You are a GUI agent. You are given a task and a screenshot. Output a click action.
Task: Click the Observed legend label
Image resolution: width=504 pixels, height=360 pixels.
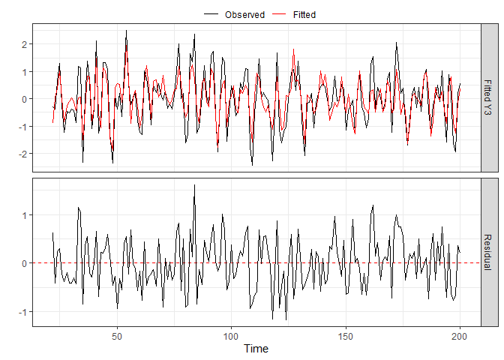click(x=244, y=14)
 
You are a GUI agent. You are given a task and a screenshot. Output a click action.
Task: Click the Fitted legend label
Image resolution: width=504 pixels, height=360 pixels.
click(x=304, y=14)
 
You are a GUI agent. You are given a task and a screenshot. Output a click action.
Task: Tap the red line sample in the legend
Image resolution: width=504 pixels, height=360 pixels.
click(x=280, y=14)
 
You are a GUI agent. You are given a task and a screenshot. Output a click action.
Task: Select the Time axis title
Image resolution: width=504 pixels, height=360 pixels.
click(x=256, y=349)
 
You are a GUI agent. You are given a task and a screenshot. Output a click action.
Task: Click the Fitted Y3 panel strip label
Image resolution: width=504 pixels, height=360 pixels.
click(x=488, y=97)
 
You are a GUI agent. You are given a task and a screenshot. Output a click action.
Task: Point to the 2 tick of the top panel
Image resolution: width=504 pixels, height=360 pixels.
click(x=25, y=44)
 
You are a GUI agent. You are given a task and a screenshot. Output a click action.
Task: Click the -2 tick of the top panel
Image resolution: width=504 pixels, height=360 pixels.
click(x=22, y=154)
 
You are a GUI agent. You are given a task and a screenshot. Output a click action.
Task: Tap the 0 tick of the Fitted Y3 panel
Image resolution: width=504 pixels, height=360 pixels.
click(x=25, y=99)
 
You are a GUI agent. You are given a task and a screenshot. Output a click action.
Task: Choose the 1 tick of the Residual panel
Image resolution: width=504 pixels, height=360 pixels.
click(x=25, y=215)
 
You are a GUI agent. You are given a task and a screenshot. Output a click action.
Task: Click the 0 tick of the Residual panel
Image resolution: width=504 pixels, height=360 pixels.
click(x=25, y=263)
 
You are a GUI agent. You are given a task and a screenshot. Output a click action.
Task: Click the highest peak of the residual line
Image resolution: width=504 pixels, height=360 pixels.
click(x=194, y=184)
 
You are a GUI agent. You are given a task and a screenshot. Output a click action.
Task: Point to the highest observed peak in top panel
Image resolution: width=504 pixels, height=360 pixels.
click(x=126, y=31)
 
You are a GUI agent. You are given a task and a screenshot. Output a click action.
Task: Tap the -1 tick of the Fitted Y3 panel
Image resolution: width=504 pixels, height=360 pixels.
click(x=22, y=126)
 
